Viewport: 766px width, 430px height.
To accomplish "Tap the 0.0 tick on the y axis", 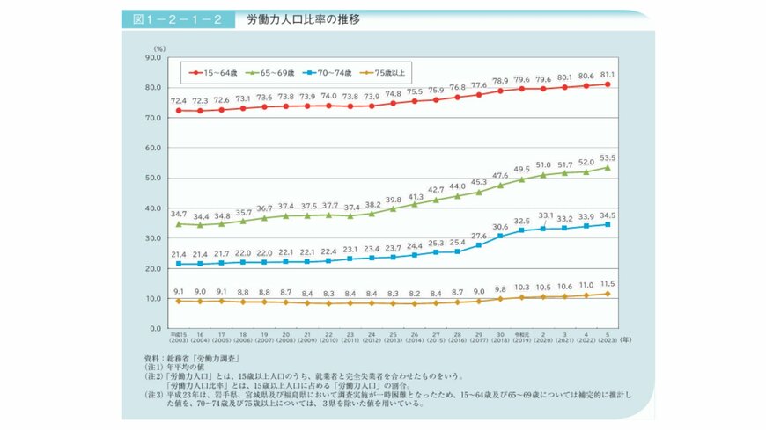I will point(153,328).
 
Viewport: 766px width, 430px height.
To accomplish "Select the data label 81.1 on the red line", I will point(607,74).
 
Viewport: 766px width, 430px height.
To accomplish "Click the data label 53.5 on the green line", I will point(607,157).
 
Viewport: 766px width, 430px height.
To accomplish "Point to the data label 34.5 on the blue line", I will point(607,215).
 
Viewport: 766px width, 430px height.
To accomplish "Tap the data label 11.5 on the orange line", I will point(607,283).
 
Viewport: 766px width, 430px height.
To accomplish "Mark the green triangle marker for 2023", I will point(607,167).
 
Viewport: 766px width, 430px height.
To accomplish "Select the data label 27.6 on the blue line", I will point(478,236).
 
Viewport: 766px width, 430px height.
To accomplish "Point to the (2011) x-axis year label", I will point(349,340).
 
